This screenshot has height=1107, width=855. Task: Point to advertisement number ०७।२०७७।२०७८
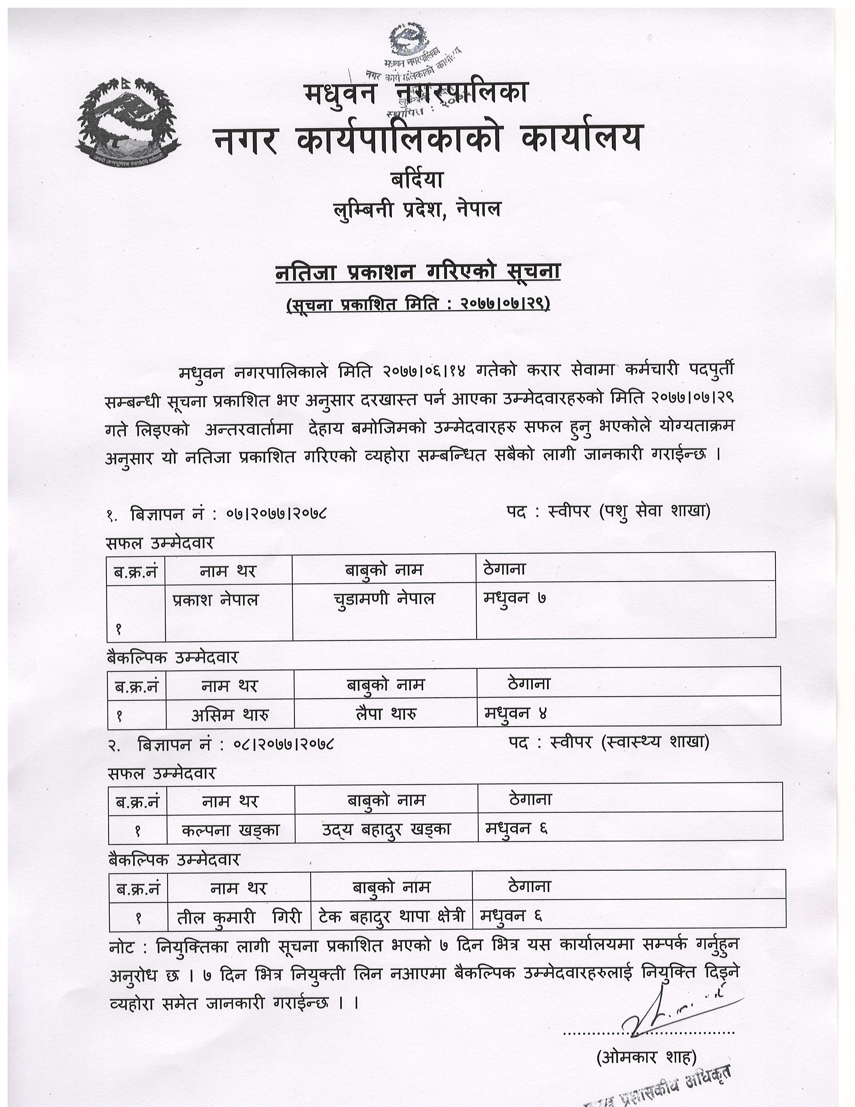point(277,514)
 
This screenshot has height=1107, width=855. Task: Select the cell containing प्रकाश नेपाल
point(215,600)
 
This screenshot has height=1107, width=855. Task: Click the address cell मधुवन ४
point(516,714)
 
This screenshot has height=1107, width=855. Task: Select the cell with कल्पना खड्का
point(230,830)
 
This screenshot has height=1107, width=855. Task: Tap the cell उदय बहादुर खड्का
point(386,830)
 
